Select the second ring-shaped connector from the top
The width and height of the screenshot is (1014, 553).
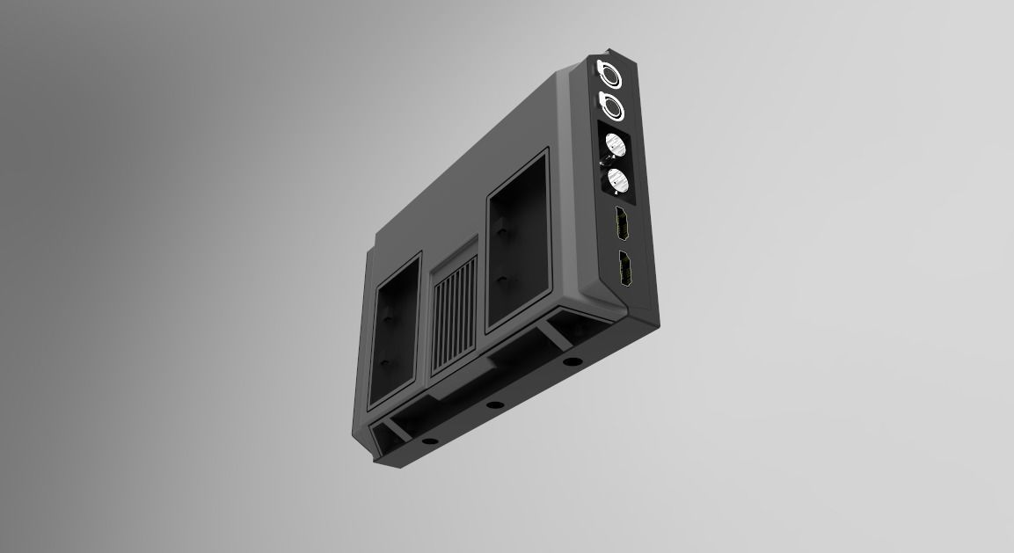611,106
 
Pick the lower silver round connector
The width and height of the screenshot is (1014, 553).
618,179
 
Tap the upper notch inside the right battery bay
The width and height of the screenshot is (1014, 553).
500,228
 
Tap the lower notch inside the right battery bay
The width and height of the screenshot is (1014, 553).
501,280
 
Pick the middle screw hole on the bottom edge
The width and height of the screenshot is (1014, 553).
494,405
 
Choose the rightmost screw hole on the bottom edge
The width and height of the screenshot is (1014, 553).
572,361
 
